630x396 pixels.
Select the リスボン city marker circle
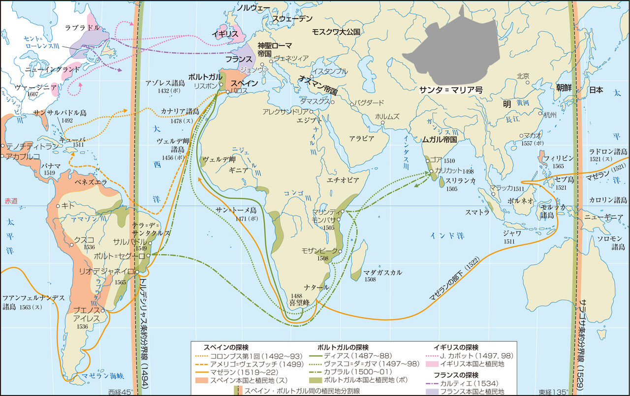click(221, 85)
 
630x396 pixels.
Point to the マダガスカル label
click(382, 272)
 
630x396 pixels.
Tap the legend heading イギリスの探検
click(456, 346)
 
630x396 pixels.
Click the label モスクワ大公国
click(336, 32)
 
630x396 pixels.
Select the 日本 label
click(596, 90)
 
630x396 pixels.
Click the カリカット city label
click(447, 171)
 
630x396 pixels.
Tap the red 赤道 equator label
click(10, 201)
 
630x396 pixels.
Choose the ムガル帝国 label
click(440, 139)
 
